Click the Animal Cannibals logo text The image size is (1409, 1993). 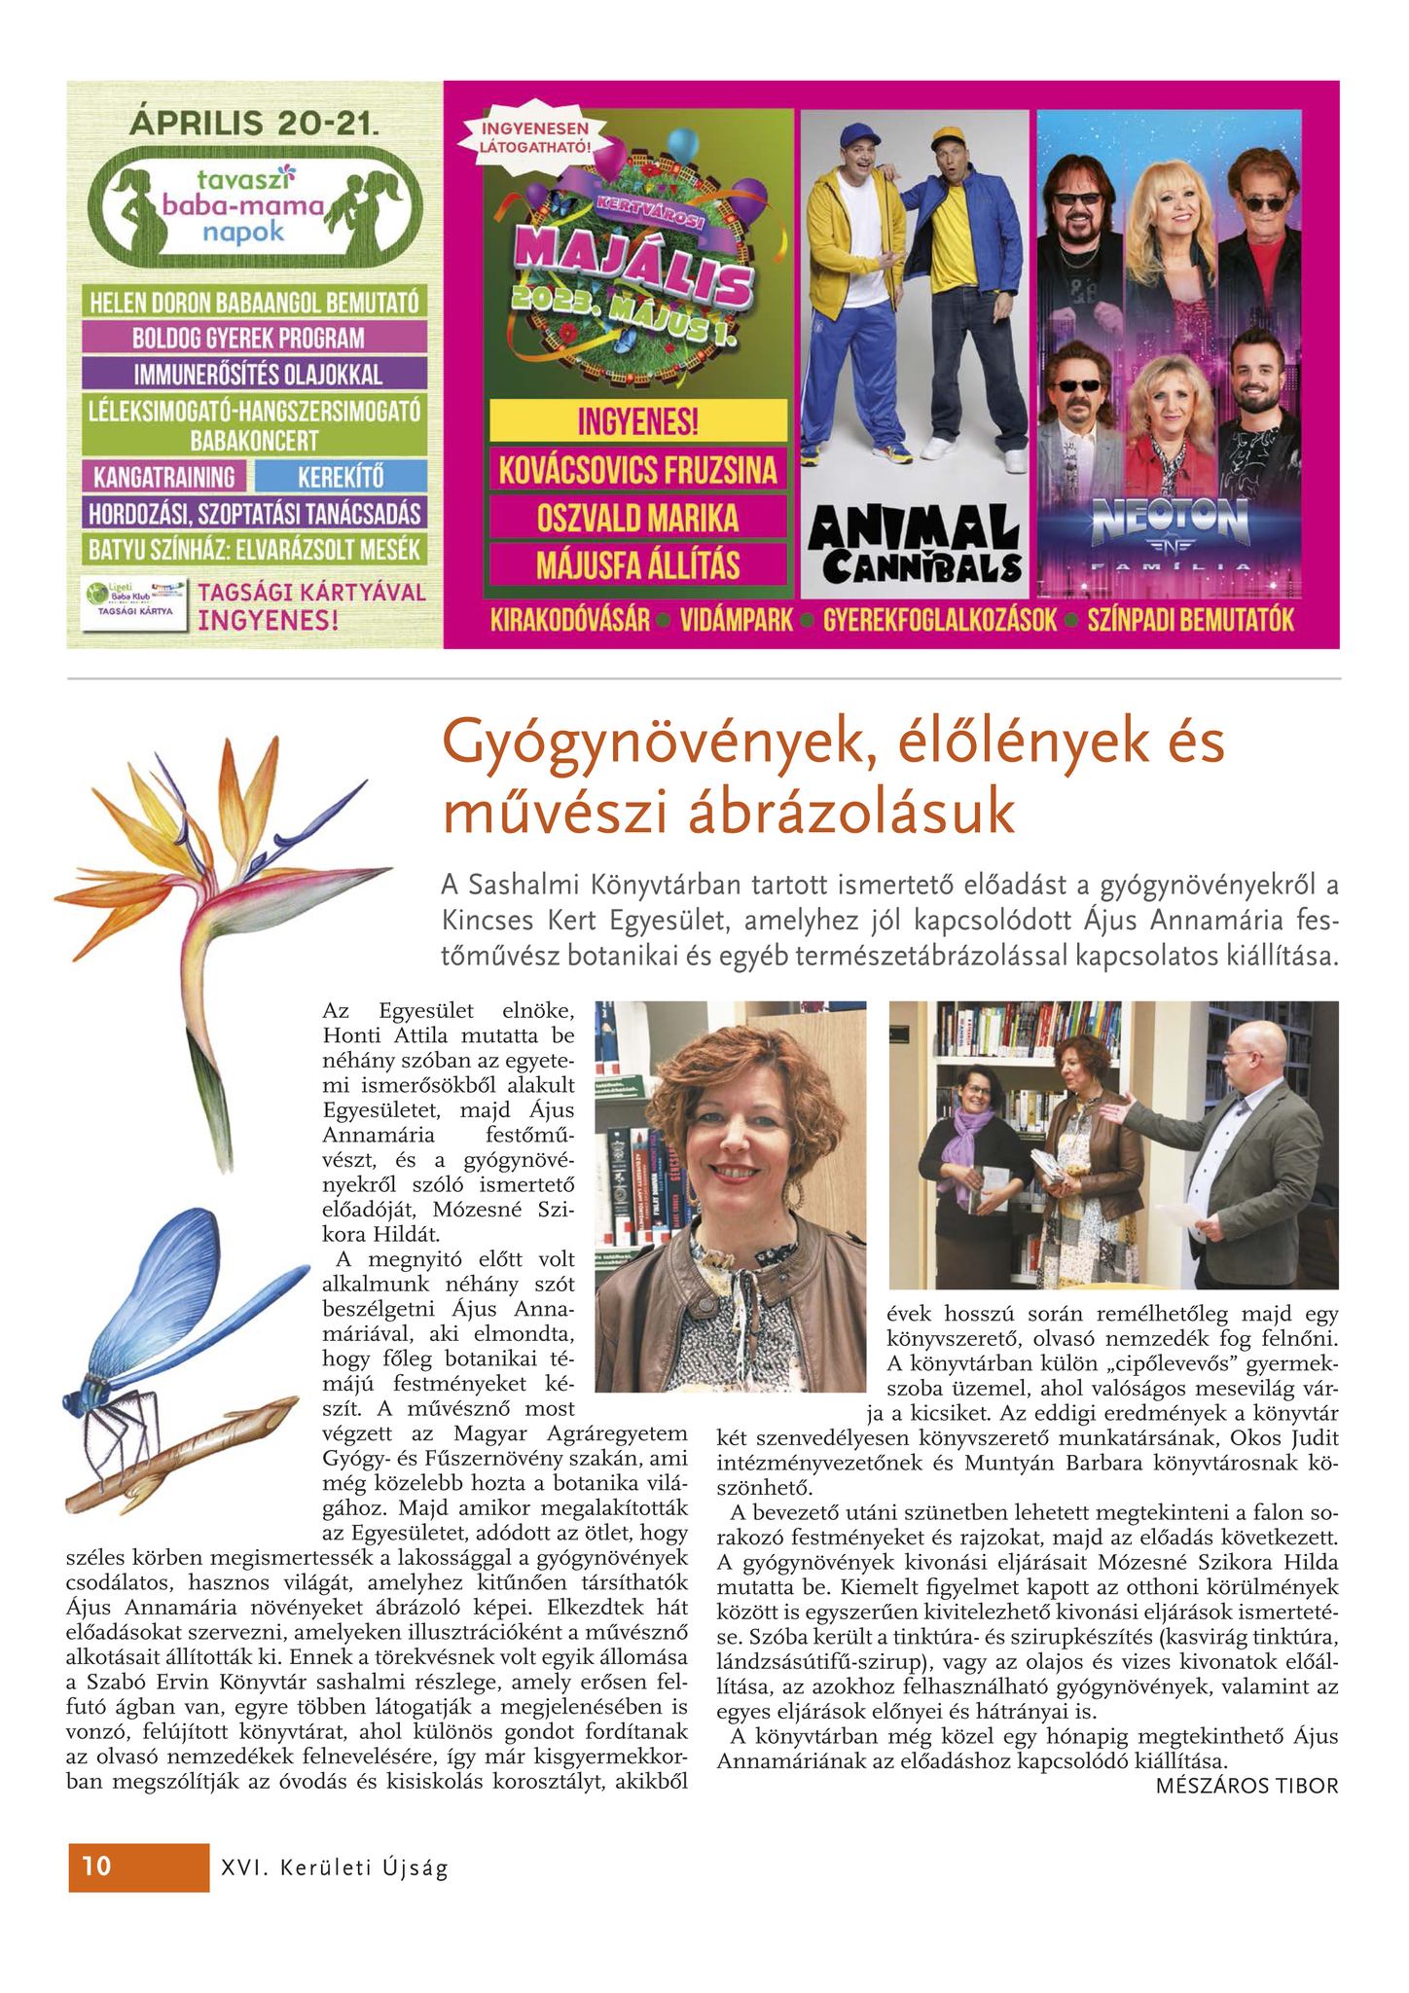(x=914, y=545)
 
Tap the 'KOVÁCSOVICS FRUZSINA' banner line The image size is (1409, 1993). (x=637, y=472)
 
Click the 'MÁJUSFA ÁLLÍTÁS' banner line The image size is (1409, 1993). (x=637, y=563)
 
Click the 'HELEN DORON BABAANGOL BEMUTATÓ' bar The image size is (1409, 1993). (x=255, y=302)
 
